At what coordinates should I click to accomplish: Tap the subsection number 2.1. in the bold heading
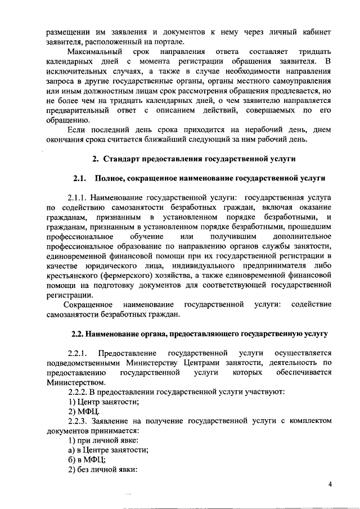click(83, 179)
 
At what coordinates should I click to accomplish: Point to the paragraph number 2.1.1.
click(78, 198)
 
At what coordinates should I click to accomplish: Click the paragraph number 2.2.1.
click(78, 353)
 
